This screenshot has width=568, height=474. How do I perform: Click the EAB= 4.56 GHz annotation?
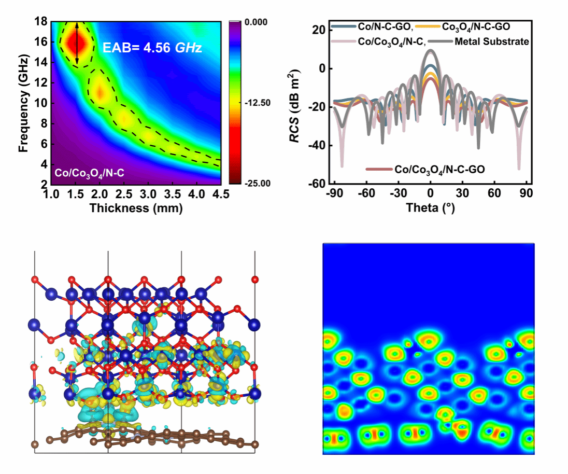coord(152,49)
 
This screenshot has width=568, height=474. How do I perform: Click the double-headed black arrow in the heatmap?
coord(77,44)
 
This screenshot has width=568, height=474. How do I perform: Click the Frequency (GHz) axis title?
coord(23,102)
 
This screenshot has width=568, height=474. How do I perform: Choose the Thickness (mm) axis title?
coord(135,208)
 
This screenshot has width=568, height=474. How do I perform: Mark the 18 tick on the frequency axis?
coord(41,22)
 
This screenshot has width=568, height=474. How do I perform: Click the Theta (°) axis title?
coord(430,207)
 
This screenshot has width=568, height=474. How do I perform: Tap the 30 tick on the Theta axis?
coord(461,193)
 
